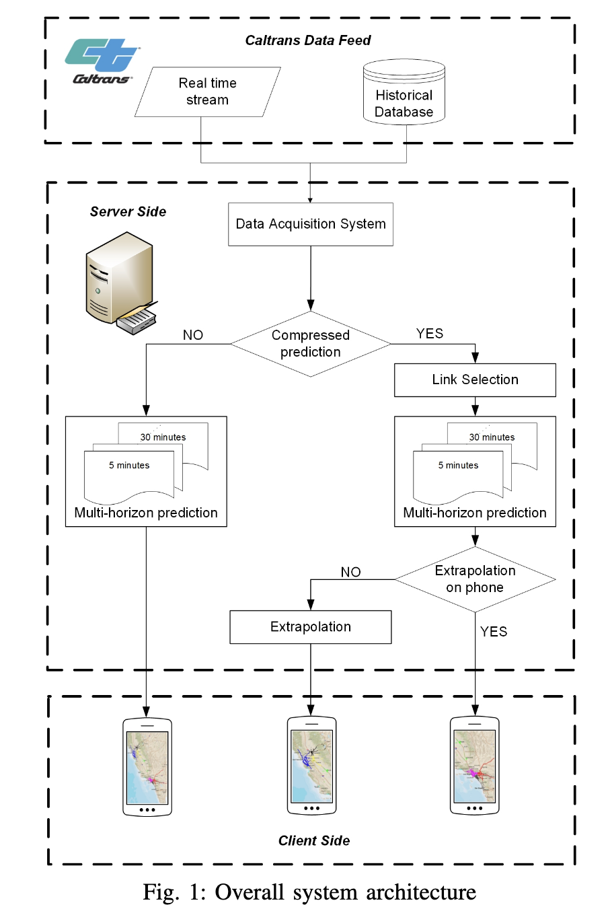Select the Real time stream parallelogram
coord(207,92)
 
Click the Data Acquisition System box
coord(310,224)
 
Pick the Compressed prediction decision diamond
coord(310,344)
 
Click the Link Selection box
coord(475,380)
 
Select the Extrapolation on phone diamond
coord(475,579)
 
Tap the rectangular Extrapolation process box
coord(310,627)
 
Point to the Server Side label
coord(128,211)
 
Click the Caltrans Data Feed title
coord(307,40)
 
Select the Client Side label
coord(313,840)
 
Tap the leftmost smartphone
coord(147,767)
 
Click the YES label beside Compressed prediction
coord(429,334)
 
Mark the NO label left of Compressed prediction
coord(192,335)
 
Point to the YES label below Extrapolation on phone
coord(493,632)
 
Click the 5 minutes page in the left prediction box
coord(129,474)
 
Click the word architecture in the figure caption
coord(421,892)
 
